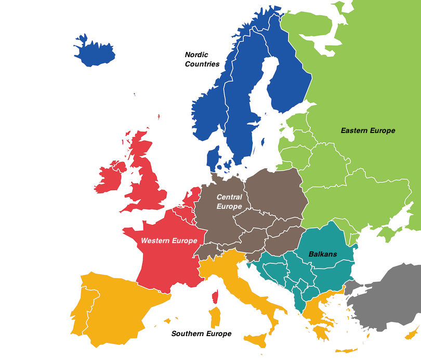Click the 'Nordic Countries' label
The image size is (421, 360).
click(202, 59)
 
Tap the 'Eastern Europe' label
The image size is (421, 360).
click(368, 130)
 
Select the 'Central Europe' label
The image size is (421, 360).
click(229, 202)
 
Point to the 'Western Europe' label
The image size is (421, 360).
click(169, 241)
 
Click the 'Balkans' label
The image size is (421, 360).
click(323, 254)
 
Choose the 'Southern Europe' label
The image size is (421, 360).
click(201, 334)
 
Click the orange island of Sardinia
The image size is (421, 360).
click(214, 318)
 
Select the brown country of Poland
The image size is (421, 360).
click(273, 190)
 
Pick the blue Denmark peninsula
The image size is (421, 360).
click(213, 158)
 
